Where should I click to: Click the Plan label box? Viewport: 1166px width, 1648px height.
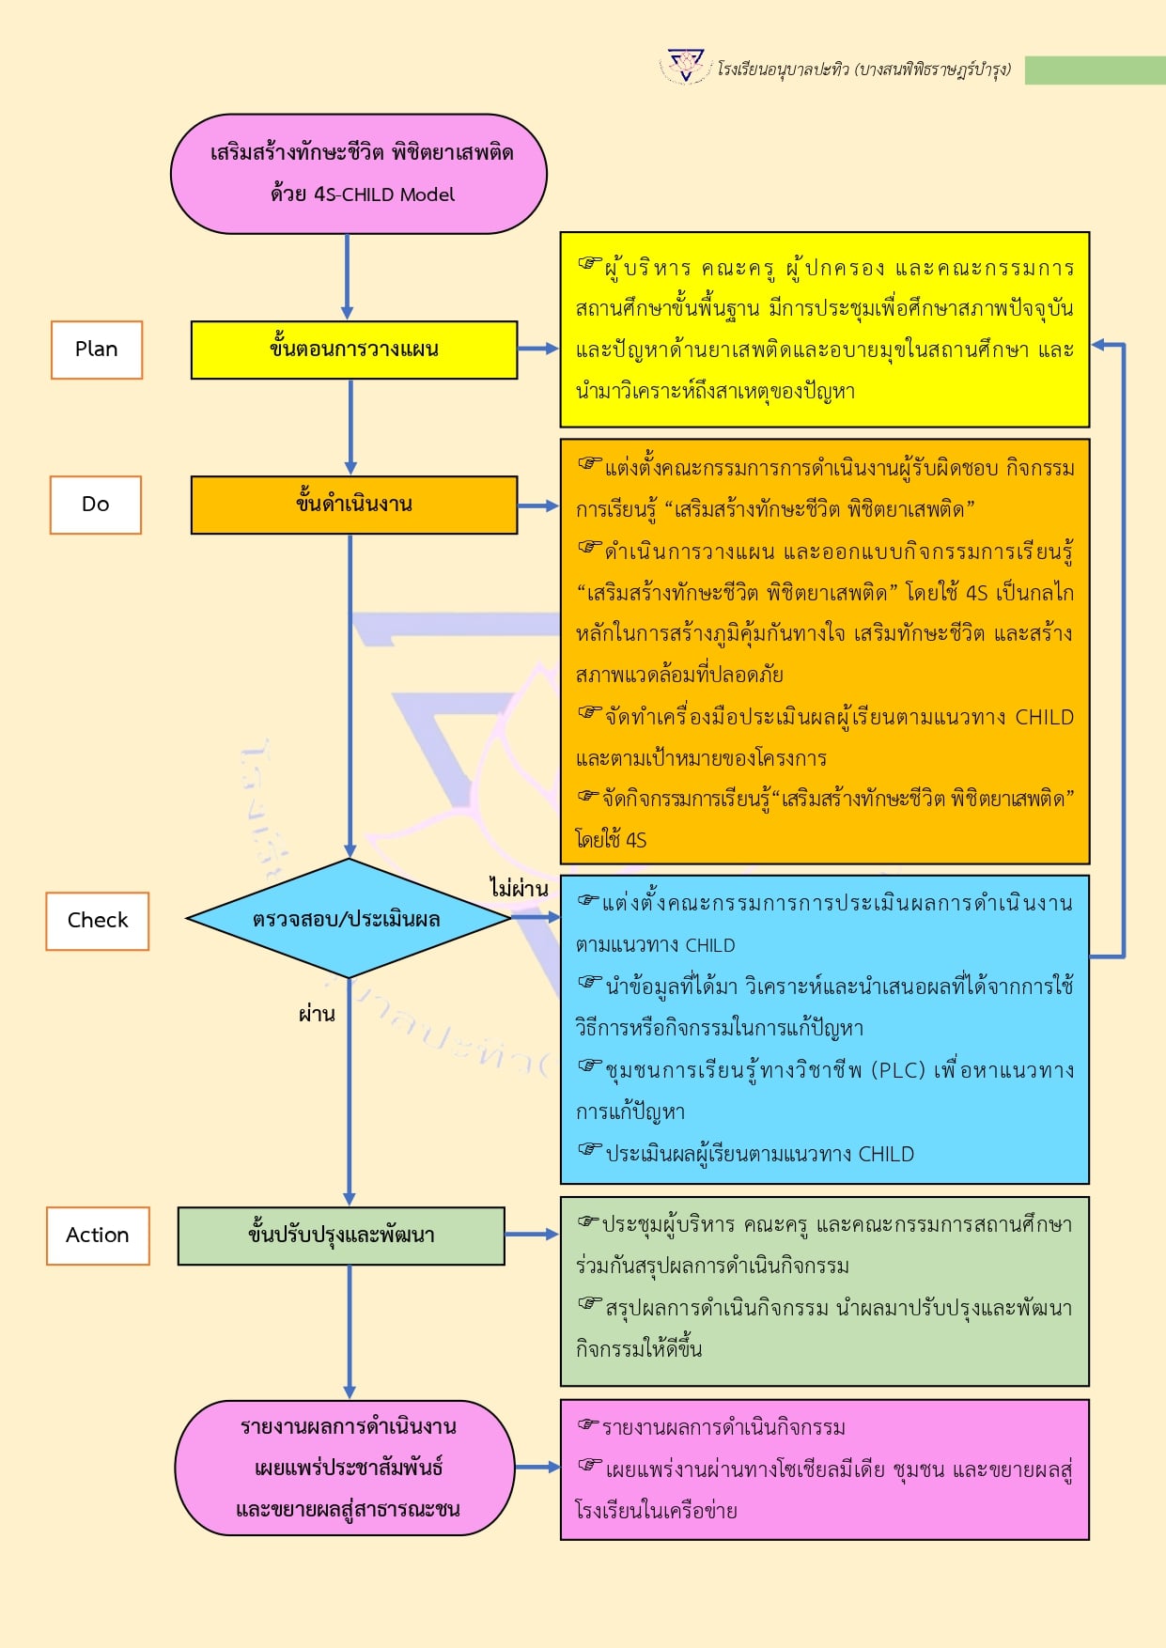pos(97,350)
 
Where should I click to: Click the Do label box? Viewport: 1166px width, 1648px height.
pos(96,505)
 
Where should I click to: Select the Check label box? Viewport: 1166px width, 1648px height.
pos(98,921)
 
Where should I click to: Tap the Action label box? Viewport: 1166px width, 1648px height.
pos(98,1236)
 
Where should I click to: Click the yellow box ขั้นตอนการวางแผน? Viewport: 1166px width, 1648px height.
pos(353,350)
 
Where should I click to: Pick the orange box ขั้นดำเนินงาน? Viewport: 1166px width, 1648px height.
pos(353,505)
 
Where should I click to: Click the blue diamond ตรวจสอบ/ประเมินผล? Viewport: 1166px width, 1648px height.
pos(348,919)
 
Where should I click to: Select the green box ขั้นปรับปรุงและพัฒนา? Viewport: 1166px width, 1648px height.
pos(341,1236)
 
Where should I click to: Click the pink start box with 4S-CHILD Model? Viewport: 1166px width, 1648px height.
pos(359,174)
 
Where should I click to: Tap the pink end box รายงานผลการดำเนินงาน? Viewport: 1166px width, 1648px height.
pos(346,1468)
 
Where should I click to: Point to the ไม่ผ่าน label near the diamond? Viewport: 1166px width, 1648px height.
pos(519,888)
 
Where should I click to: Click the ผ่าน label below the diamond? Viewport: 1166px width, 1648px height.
pos(317,1015)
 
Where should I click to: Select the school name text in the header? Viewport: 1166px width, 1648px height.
pos(863,70)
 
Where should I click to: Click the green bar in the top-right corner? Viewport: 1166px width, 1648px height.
pos(1095,70)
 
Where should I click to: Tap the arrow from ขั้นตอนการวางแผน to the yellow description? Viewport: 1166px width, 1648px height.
pos(538,349)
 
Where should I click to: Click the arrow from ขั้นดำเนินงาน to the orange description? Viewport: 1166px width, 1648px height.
pos(538,505)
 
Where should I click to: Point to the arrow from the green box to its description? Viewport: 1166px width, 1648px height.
pos(532,1234)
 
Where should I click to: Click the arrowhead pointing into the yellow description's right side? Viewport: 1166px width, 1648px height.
pos(1098,346)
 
